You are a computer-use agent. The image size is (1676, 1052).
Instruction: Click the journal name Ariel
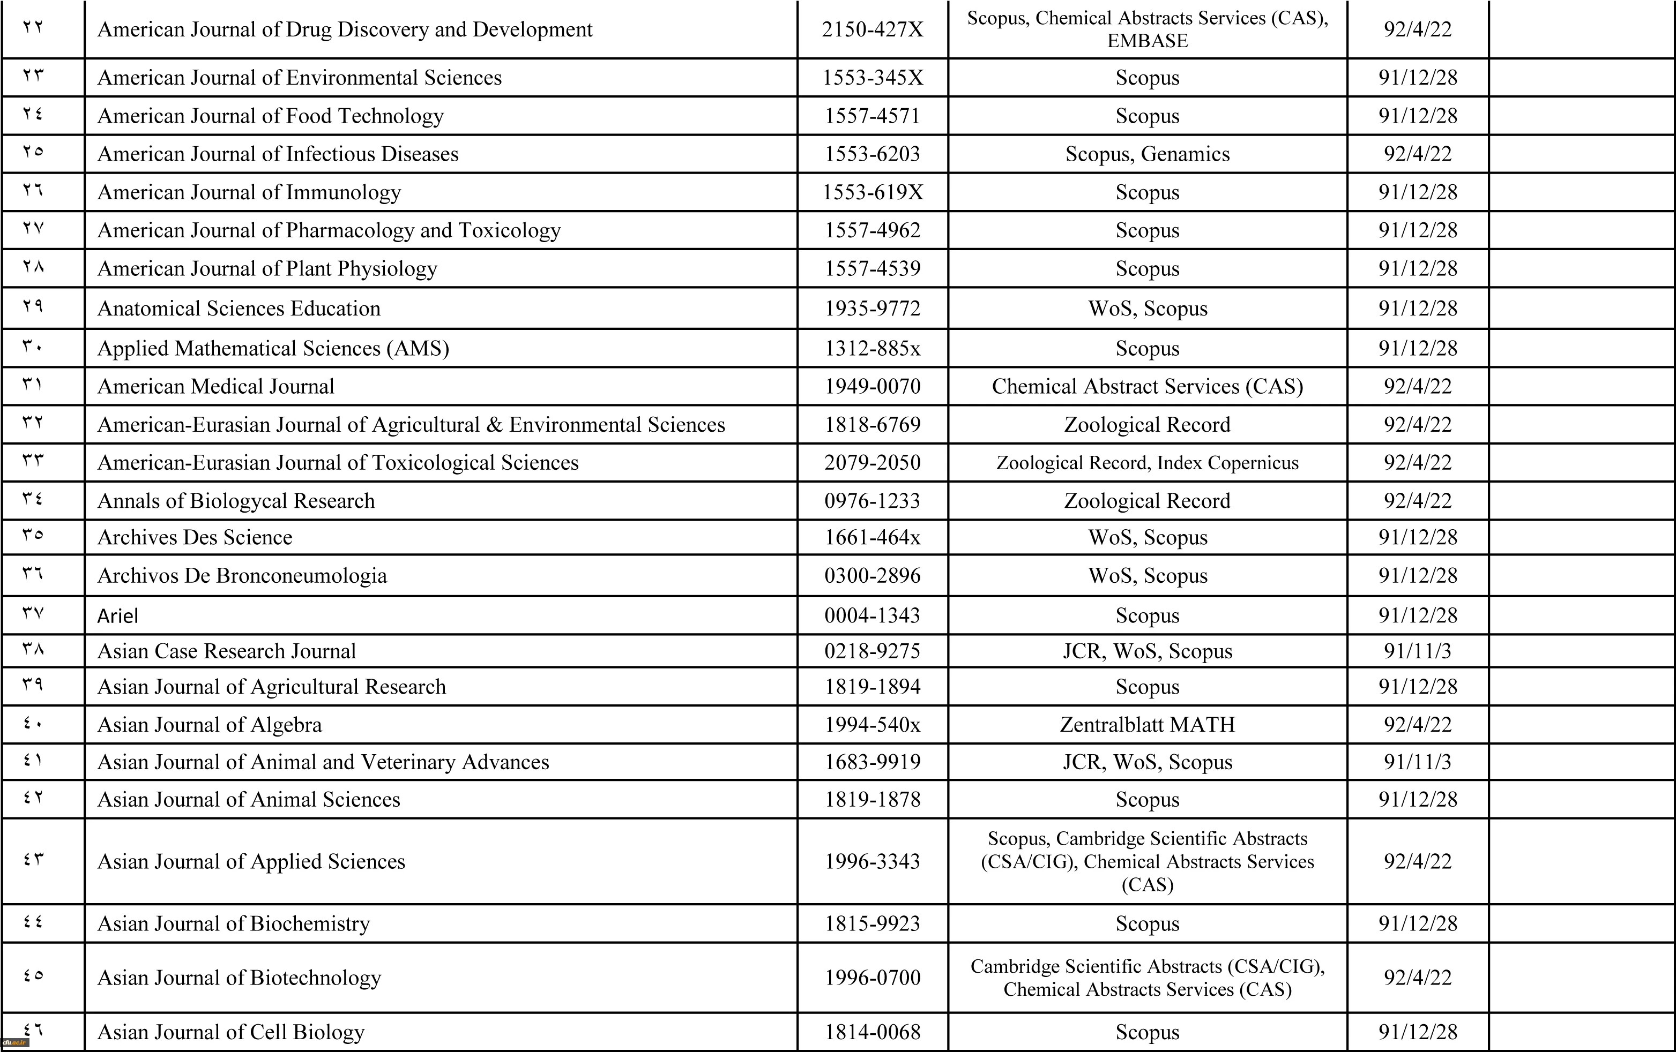coord(117,616)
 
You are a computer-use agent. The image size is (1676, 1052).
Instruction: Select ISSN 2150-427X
coord(872,29)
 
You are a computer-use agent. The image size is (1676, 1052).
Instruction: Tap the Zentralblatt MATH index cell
coord(1147,725)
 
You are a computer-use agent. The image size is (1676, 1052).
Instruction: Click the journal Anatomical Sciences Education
coord(239,308)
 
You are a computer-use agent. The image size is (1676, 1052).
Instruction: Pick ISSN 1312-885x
coord(872,348)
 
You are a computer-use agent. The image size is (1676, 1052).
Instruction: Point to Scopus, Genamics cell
coord(1147,154)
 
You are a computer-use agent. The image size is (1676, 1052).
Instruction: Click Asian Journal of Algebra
coord(210,725)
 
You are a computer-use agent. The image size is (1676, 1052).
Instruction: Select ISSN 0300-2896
coord(872,575)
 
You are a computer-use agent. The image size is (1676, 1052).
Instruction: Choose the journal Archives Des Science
coord(195,537)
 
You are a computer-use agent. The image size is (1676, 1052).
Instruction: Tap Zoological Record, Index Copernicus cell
coord(1147,463)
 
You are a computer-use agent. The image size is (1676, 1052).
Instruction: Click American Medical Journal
coord(216,386)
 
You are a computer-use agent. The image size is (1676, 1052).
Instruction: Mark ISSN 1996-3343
coord(872,861)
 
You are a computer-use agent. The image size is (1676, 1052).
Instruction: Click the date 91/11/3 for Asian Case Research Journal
coord(1417,651)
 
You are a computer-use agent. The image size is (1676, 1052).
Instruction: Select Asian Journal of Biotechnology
coord(239,978)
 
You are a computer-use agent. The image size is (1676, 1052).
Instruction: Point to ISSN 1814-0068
coord(872,1032)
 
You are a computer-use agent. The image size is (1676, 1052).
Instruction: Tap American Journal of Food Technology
coord(270,116)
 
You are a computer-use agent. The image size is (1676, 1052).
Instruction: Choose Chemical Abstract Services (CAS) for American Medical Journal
coord(1147,386)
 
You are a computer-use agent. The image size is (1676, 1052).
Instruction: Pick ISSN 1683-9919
coord(872,762)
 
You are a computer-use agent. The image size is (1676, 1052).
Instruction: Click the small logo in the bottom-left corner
coord(14,1043)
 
